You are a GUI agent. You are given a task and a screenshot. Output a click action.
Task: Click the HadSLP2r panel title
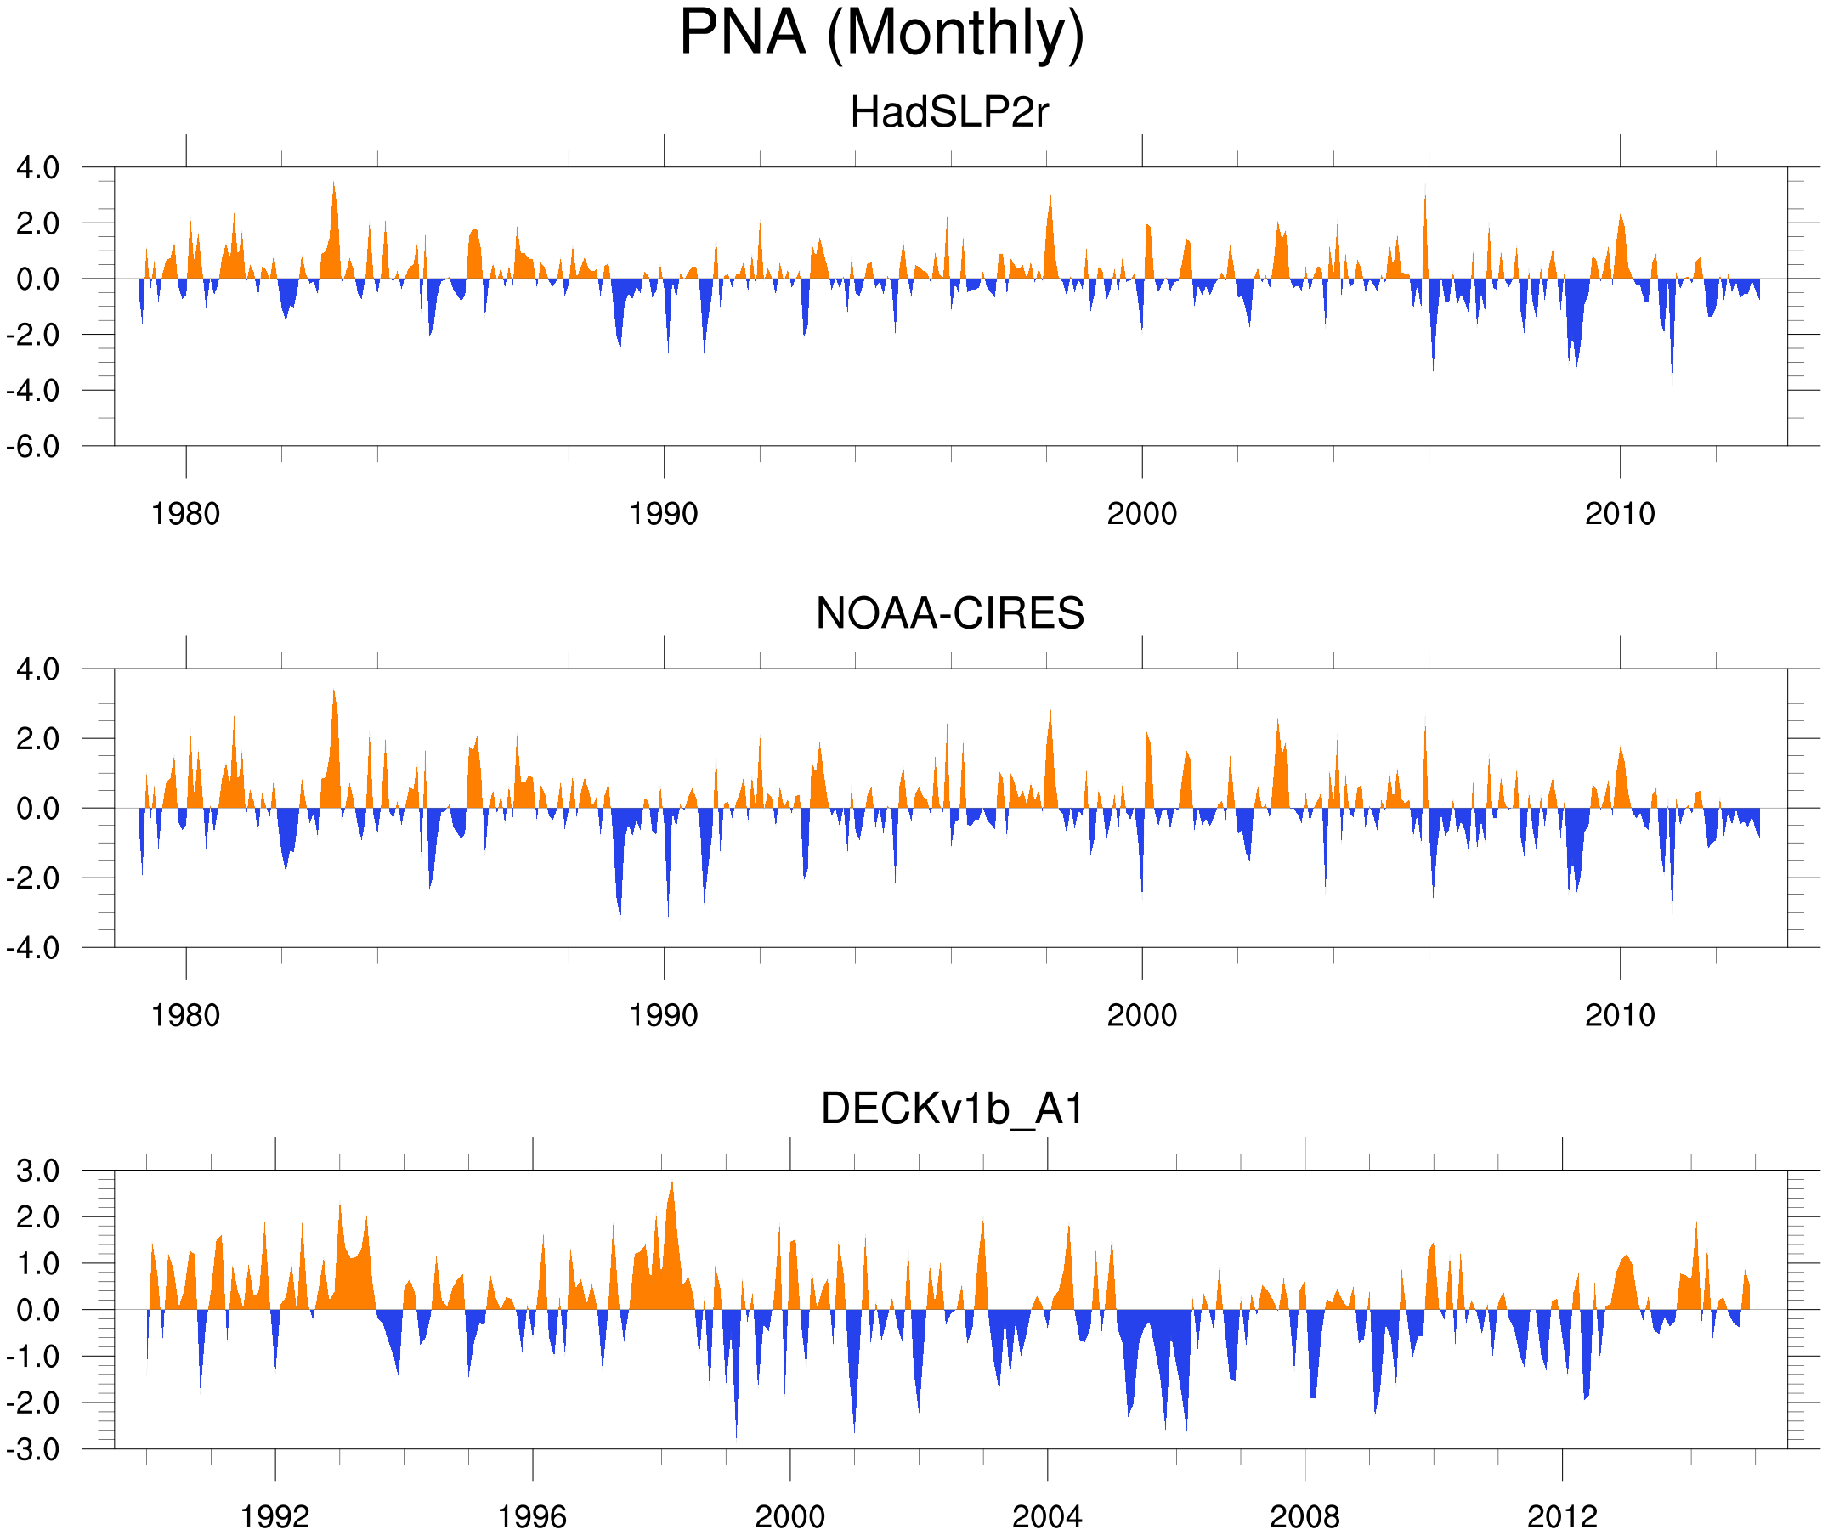point(948,113)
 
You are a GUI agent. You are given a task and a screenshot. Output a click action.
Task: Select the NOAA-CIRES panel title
point(949,613)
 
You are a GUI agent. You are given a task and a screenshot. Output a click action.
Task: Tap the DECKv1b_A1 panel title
point(953,1109)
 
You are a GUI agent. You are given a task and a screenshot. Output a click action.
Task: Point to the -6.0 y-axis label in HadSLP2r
point(33,447)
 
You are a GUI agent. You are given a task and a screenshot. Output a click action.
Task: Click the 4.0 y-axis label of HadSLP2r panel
point(38,168)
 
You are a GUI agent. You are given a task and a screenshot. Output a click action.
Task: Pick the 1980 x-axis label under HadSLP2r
point(185,514)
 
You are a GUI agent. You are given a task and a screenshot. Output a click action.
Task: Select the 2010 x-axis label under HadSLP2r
point(1619,514)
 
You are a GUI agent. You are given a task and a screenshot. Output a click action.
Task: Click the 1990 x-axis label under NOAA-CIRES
point(664,1015)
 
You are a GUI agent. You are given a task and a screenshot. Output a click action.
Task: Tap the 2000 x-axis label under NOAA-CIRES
point(1141,1015)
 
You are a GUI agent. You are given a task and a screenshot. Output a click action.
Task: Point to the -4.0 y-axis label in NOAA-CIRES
point(33,948)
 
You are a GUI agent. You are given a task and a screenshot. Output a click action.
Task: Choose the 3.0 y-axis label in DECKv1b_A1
point(38,1171)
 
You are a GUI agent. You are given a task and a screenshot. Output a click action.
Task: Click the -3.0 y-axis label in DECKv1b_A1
point(33,1450)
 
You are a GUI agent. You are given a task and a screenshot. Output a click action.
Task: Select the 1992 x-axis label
point(275,1518)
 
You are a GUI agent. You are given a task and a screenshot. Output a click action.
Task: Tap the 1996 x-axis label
point(532,1518)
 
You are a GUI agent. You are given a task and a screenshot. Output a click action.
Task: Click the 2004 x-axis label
point(1046,1518)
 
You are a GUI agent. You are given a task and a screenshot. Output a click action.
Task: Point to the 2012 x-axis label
point(1562,1518)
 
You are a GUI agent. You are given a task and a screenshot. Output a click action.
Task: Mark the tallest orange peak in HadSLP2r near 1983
point(333,184)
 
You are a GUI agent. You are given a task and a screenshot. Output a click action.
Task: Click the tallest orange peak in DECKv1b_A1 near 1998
point(672,1184)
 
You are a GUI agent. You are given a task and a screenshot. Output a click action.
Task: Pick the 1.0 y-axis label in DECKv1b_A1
point(38,1263)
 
